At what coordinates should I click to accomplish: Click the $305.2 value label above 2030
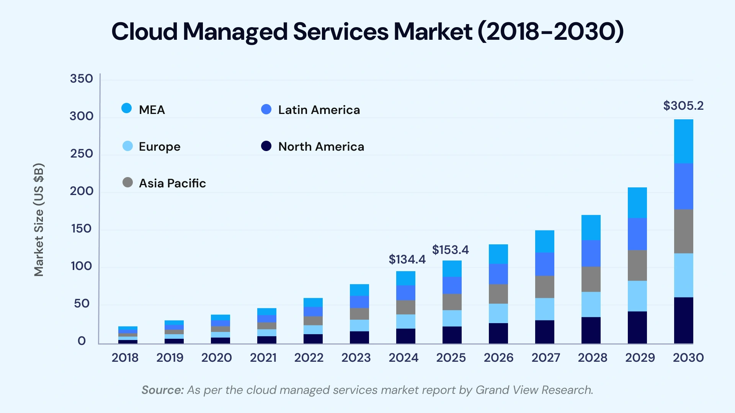(683, 106)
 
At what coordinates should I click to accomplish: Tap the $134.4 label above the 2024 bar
(407, 259)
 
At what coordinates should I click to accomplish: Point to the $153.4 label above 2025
(450, 250)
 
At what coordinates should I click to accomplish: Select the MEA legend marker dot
(127, 108)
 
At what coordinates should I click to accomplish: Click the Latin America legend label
(319, 110)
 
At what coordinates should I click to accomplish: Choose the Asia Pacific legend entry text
(172, 184)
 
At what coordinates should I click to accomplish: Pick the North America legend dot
(266, 146)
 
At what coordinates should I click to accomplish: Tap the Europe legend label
(159, 147)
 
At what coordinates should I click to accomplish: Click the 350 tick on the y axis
(81, 79)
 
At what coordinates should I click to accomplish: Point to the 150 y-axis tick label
(81, 229)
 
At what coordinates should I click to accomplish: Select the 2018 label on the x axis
(125, 358)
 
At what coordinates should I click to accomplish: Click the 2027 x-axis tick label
(546, 358)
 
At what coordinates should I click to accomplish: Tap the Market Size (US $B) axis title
(39, 220)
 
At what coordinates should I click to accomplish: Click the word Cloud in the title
(144, 31)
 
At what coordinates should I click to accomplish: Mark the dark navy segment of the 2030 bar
(683, 320)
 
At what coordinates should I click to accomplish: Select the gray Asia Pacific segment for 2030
(683, 231)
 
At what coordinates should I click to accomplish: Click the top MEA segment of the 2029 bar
(637, 203)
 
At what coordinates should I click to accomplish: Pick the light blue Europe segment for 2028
(591, 304)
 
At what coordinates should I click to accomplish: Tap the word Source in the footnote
(162, 390)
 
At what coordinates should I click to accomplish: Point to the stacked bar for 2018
(128, 335)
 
